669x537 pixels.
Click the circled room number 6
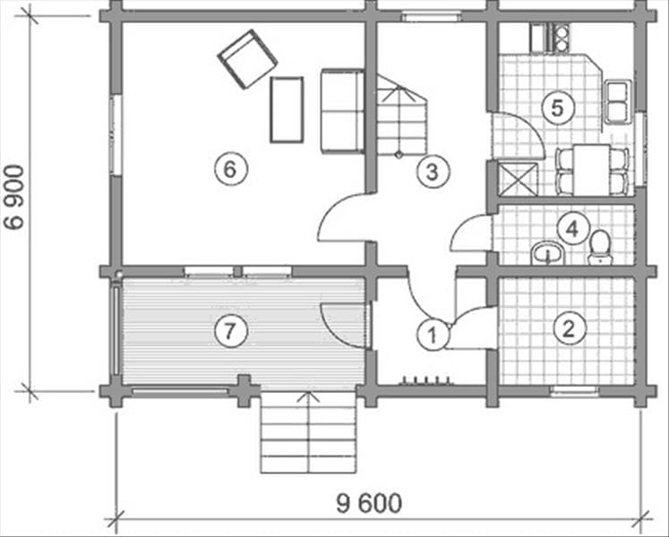pos(230,169)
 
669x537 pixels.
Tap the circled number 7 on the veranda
pos(230,330)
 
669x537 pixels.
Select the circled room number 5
pos(558,108)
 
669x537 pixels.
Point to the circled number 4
pos(572,229)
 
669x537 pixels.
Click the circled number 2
pos(570,328)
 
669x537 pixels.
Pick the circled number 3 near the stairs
pos(433,173)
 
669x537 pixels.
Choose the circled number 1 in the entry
pos(433,335)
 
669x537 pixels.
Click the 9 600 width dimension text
pos(369,503)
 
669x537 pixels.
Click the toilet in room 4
pos(599,247)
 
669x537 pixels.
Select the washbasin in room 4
pos(548,253)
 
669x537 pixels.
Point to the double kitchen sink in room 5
pos(617,101)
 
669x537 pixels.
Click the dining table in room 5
pos(592,169)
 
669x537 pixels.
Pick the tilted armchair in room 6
pos(247,59)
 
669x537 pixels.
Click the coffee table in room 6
pos(287,109)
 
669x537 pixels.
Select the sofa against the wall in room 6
pos(342,111)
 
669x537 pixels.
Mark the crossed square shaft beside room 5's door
pos(518,179)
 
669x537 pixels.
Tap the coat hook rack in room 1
pos(425,380)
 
